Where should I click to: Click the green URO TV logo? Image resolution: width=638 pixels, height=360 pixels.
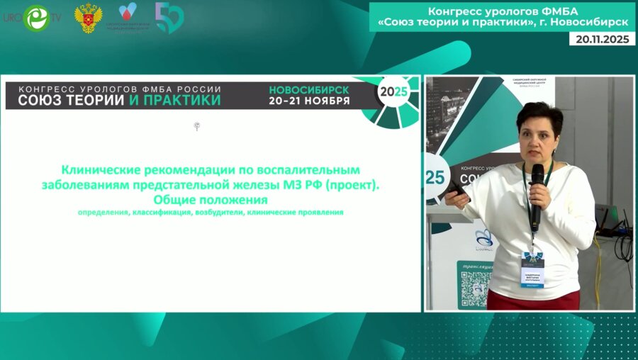click(35, 18)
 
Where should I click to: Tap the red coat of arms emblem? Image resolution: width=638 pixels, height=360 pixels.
click(89, 18)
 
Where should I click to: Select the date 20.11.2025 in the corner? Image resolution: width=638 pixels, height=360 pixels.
click(602, 40)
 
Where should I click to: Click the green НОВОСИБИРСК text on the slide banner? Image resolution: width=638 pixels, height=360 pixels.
click(309, 90)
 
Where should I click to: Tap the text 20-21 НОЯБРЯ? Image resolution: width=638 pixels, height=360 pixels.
click(309, 101)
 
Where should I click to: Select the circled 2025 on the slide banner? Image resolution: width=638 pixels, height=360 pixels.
click(393, 91)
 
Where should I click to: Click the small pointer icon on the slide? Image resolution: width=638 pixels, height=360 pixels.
click(196, 127)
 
